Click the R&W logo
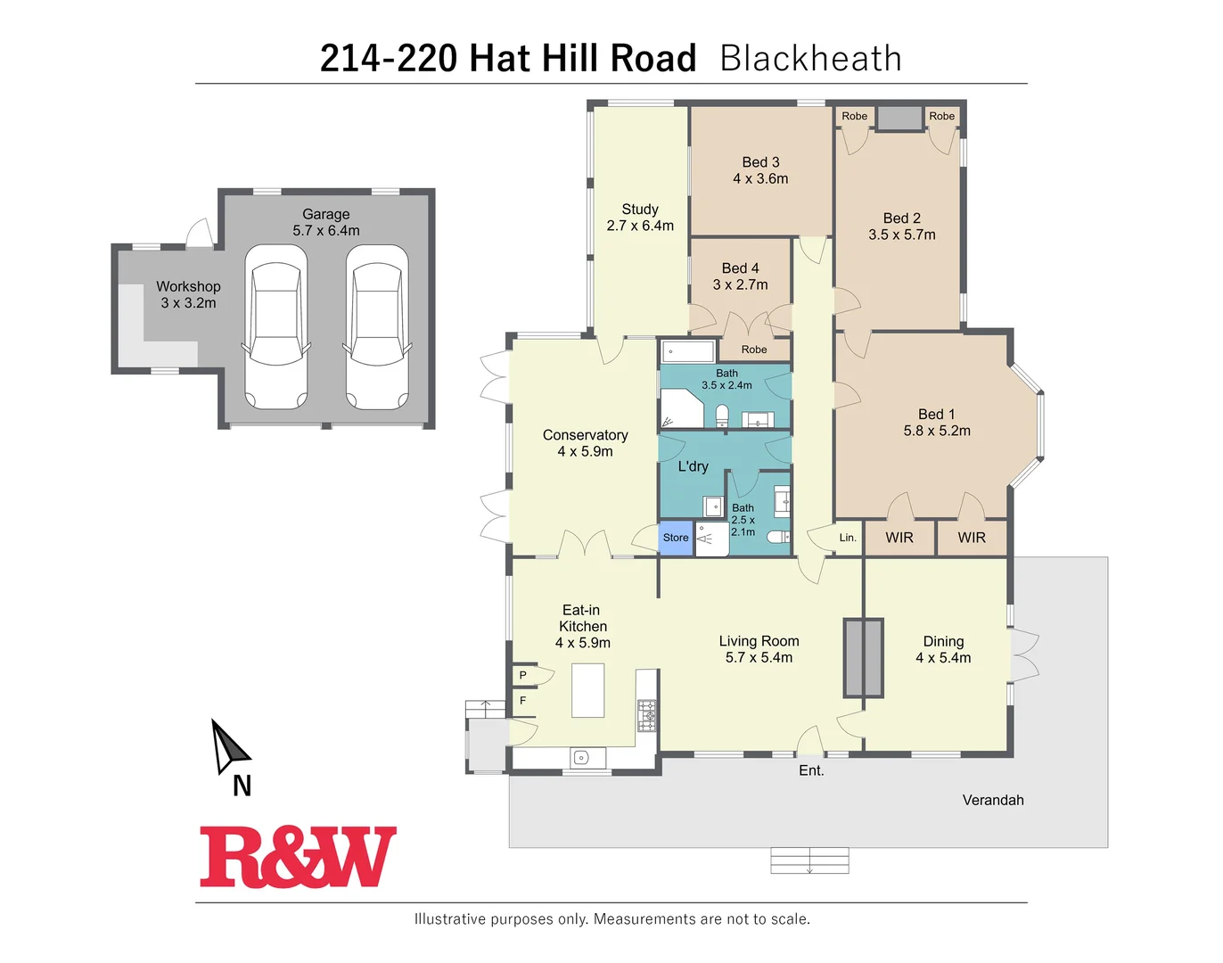[x=298, y=857]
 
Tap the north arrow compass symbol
[x=228, y=746]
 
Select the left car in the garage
[x=276, y=326]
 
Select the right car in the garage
[x=377, y=326]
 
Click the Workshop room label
[x=188, y=287]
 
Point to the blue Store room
[x=676, y=538]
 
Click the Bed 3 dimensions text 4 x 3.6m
[x=760, y=179]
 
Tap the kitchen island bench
[x=587, y=691]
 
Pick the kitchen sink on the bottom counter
[x=581, y=758]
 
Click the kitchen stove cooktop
[x=647, y=715]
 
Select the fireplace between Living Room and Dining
[x=863, y=657]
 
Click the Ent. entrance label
[x=811, y=770]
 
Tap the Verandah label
[x=993, y=800]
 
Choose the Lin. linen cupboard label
[x=848, y=538]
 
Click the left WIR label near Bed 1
[x=899, y=538]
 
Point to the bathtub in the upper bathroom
[x=688, y=351]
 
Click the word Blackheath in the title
[x=810, y=59]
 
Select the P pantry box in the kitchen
[x=523, y=676]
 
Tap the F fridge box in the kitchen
[x=523, y=701]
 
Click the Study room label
[x=640, y=210]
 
